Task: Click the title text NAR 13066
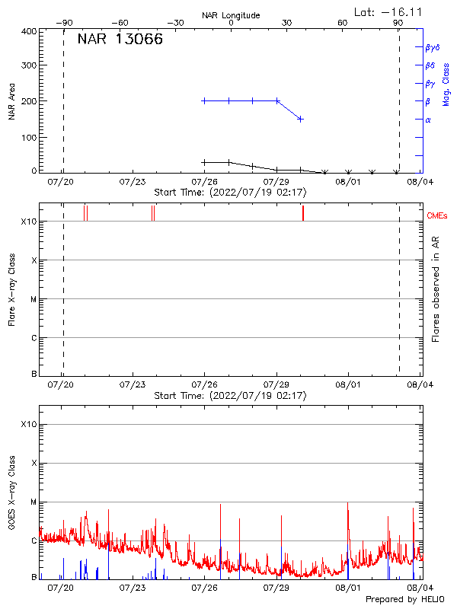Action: pos(120,40)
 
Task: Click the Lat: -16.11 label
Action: pos(389,11)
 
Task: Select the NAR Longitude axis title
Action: pos(231,15)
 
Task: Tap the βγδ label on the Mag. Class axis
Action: pos(433,47)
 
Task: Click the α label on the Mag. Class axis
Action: pos(428,120)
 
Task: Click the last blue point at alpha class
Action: pos(301,119)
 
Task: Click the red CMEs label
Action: pos(437,216)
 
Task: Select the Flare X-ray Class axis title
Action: pos(11,289)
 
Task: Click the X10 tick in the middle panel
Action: pos(29,222)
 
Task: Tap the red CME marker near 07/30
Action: pos(303,213)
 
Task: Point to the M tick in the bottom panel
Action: pos(34,502)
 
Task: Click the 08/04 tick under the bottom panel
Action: pos(419,588)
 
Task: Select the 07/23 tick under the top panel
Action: pos(133,182)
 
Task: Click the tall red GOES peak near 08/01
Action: pos(347,504)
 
